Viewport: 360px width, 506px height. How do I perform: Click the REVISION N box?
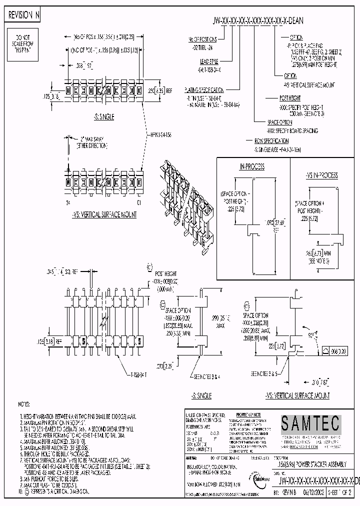(23, 15)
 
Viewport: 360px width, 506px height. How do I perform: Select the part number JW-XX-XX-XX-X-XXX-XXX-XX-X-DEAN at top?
(258, 21)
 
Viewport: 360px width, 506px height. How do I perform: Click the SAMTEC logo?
(309, 424)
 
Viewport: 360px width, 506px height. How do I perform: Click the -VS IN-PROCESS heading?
(321, 175)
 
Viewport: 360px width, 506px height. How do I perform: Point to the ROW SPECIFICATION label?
(271, 141)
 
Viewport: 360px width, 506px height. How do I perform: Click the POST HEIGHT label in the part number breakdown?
(290, 97)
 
